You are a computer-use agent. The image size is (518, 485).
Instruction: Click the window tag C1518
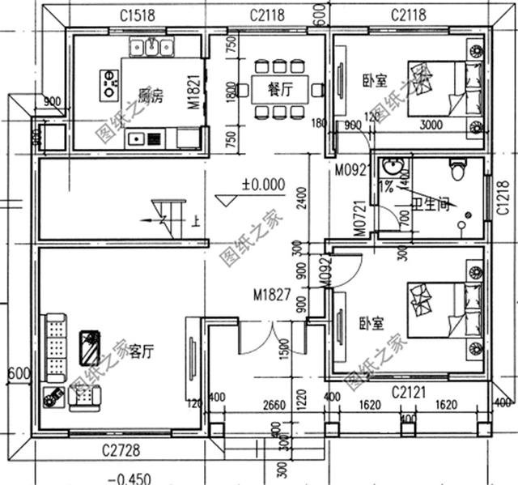click(138, 14)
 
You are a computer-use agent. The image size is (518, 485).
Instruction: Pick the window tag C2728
click(118, 449)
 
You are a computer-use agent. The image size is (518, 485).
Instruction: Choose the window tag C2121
click(409, 393)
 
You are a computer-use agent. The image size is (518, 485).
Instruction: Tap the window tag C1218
click(503, 198)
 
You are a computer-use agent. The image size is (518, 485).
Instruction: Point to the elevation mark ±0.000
click(262, 185)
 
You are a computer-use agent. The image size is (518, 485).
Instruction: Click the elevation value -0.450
click(129, 477)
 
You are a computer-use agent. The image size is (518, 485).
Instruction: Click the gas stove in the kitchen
click(108, 82)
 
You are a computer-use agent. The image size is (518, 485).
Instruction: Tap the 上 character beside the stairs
click(195, 219)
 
